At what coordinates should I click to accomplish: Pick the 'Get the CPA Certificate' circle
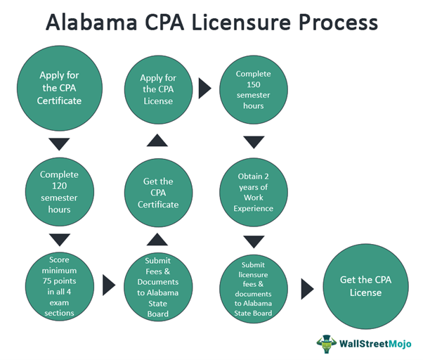tap(158, 192)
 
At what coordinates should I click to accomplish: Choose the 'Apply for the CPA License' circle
tap(158, 89)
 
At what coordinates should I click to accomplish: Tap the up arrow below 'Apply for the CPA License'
tap(158, 143)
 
